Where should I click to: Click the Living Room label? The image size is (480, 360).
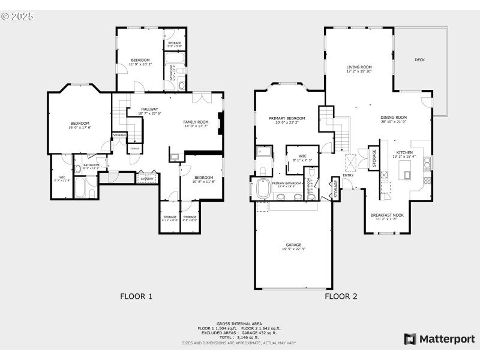point(359,67)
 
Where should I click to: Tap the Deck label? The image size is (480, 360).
point(420,60)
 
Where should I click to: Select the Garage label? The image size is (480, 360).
point(293,245)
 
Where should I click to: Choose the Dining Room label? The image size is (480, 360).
point(393,118)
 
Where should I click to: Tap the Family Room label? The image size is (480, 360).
point(196,122)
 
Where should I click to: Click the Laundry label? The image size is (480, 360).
point(147,179)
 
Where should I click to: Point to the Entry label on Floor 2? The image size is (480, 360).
point(348,175)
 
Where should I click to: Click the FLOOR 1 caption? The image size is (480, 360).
point(136,296)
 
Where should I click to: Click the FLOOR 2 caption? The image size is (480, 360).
point(341,296)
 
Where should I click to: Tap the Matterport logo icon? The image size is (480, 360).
point(410,339)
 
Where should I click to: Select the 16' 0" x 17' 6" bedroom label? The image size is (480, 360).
point(79,124)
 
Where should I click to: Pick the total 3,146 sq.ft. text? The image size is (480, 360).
point(239,338)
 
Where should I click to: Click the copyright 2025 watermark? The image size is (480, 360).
point(18,16)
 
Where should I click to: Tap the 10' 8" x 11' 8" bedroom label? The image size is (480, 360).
point(203,178)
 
